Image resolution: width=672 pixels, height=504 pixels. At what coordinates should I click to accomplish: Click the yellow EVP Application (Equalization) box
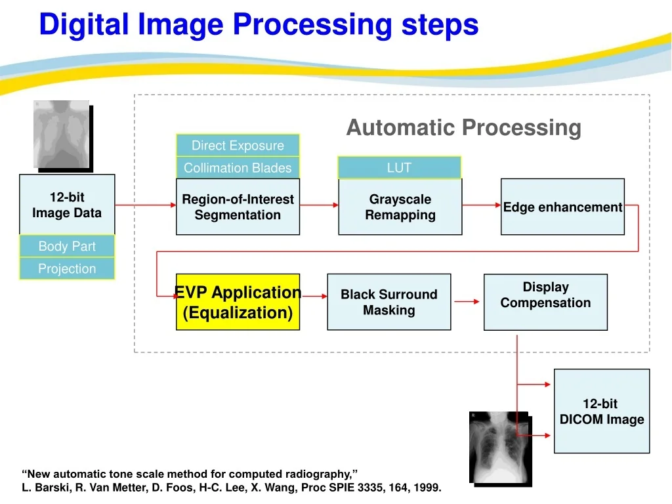(238, 302)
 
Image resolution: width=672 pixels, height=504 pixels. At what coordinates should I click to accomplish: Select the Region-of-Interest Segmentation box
(238, 207)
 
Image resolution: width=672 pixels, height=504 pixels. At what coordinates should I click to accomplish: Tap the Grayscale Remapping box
(400, 207)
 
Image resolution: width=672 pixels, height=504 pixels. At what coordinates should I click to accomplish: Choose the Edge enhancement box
(562, 207)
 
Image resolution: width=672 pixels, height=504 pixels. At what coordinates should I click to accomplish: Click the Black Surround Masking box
(389, 302)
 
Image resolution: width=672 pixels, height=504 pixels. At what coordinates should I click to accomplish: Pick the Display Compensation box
(545, 302)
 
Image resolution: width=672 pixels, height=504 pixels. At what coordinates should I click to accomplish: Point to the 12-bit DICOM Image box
(602, 411)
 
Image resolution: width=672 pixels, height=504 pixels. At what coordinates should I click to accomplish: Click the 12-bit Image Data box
(68, 205)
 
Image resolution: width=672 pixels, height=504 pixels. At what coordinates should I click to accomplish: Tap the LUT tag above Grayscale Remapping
(400, 167)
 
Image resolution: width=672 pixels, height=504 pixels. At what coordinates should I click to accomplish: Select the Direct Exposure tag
(238, 145)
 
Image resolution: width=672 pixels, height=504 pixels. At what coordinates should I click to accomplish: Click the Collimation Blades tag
(238, 167)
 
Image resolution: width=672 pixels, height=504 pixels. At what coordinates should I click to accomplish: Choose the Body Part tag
(68, 246)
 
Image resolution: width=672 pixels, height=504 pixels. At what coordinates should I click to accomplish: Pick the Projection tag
(68, 268)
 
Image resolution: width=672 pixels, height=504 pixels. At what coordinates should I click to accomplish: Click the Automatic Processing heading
(464, 128)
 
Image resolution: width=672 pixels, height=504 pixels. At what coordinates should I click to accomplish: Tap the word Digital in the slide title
(84, 24)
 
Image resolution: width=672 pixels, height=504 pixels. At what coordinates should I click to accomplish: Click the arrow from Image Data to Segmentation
(146, 205)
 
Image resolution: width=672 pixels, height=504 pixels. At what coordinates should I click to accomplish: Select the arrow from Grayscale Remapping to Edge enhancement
(482, 205)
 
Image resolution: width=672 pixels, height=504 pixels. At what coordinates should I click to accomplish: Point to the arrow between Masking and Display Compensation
(467, 302)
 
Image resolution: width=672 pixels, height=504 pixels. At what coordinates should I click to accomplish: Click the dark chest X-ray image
(500, 448)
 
